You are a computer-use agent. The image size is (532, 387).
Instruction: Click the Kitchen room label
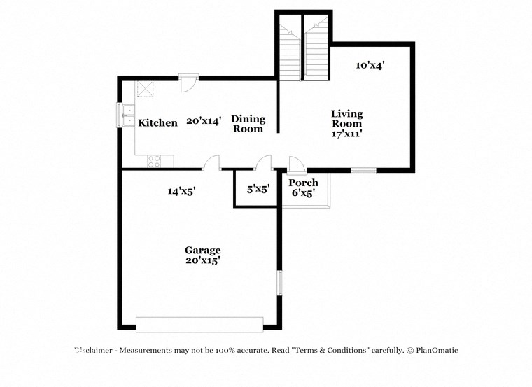tap(157, 123)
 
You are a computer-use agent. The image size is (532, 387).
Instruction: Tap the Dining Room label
tap(248, 124)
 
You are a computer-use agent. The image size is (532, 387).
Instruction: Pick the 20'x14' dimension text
tap(204, 121)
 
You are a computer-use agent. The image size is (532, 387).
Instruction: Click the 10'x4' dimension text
tap(370, 65)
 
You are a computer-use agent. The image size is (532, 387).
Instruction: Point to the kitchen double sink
tap(127, 115)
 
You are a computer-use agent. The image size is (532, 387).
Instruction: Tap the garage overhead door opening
tap(199, 324)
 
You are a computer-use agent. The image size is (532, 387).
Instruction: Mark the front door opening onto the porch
tap(296, 164)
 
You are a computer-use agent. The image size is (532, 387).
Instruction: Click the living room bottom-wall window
tap(363, 170)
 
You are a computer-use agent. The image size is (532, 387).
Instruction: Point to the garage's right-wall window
tap(279, 282)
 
